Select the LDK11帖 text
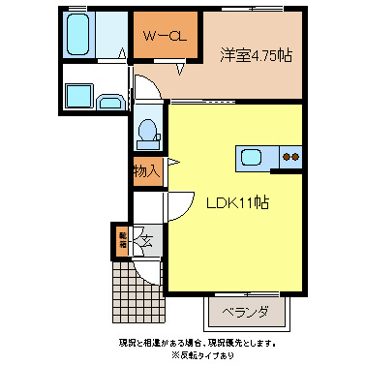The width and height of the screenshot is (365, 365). (x=236, y=204)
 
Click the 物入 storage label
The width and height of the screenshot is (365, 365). (x=145, y=172)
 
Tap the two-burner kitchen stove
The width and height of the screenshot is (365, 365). (x=289, y=157)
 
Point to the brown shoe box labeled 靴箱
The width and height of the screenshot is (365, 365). (x=123, y=240)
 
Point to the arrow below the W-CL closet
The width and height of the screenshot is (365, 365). (x=178, y=68)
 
